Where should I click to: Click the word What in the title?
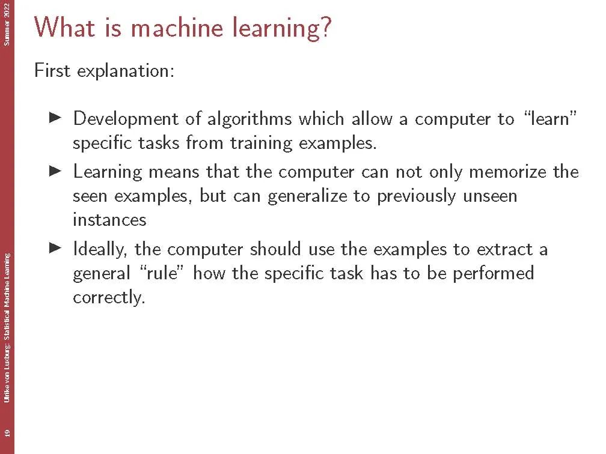[x=64, y=27]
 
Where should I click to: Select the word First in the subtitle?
[x=52, y=71]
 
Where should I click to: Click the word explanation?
[x=126, y=71]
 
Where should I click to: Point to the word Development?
[x=126, y=119]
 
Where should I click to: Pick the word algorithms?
[x=249, y=119]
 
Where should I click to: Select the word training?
[x=262, y=143]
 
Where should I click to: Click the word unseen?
[x=489, y=196]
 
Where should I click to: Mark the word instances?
[x=109, y=220]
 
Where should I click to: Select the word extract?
[x=504, y=249]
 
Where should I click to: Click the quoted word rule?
[x=160, y=273]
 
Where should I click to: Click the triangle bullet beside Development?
[x=56, y=118]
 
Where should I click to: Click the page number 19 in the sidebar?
[x=7, y=433]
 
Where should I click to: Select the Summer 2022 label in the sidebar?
[x=7, y=24]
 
